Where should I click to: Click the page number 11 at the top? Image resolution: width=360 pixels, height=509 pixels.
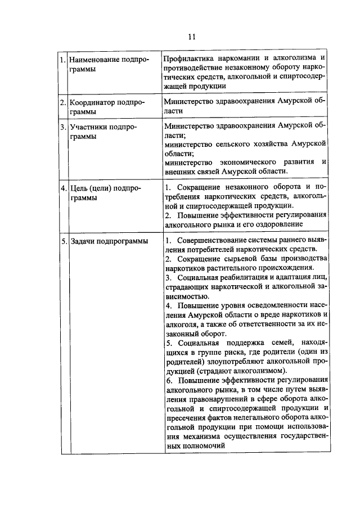point(191,37)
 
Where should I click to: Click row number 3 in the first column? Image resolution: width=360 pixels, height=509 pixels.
point(64,127)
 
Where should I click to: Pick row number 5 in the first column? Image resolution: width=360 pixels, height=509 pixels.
point(64,241)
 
